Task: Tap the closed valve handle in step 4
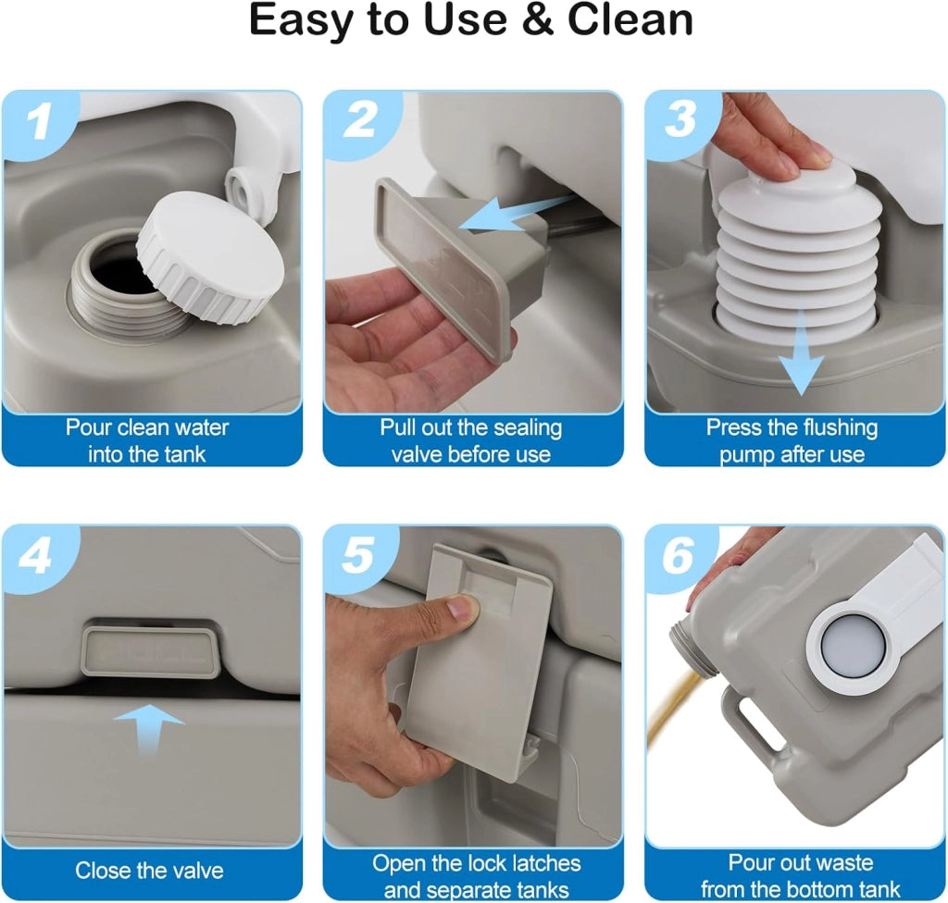coord(150,651)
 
